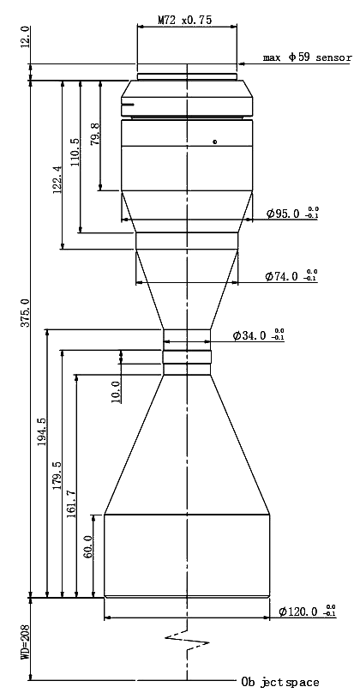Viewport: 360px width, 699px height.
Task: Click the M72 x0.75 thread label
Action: (x=185, y=20)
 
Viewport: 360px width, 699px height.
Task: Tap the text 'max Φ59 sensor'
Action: (x=307, y=57)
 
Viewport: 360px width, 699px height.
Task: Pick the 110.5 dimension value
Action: (x=75, y=152)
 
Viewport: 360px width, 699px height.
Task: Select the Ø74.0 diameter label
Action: (x=291, y=276)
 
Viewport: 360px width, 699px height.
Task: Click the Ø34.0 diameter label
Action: (x=258, y=335)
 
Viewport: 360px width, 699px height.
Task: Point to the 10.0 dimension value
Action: (x=117, y=392)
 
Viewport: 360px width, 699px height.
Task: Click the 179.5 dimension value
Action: (x=57, y=476)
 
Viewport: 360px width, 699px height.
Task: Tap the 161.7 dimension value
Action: (x=71, y=504)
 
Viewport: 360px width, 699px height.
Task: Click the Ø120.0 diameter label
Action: (x=308, y=612)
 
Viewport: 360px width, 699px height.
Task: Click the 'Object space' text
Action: (x=280, y=682)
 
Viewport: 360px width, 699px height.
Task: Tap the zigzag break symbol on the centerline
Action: (x=187, y=641)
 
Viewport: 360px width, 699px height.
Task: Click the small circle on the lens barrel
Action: (x=215, y=142)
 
